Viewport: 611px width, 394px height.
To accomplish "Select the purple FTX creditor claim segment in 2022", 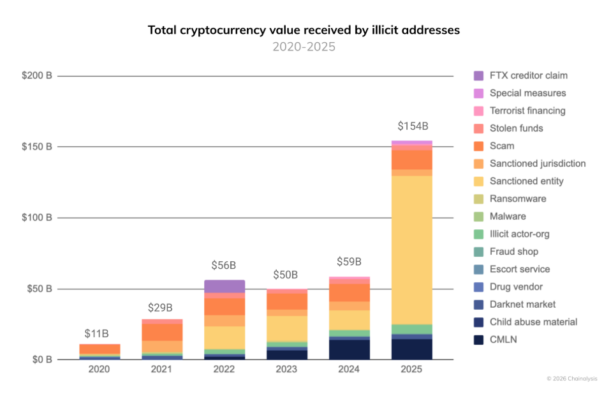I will [x=225, y=286].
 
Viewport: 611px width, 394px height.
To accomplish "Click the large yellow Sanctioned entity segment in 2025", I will [x=411, y=249].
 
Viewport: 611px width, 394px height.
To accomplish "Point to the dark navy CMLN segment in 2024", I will [x=350, y=349].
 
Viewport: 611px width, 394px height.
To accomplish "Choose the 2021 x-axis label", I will [x=162, y=370].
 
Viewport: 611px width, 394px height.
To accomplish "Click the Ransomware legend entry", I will [x=517, y=199].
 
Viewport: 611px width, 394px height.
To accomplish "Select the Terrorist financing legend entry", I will [x=527, y=110].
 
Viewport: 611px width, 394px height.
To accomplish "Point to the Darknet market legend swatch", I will [x=479, y=305].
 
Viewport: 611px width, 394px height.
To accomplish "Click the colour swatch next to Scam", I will [x=479, y=146].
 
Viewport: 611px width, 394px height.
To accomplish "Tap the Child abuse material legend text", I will [x=533, y=322].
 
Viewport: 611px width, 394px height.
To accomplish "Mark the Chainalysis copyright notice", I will [x=572, y=379].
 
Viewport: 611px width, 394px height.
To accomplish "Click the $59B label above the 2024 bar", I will [x=349, y=262].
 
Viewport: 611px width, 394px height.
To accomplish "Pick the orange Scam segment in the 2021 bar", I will [x=162, y=332].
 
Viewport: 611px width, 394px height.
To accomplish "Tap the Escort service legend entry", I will [x=519, y=269].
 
